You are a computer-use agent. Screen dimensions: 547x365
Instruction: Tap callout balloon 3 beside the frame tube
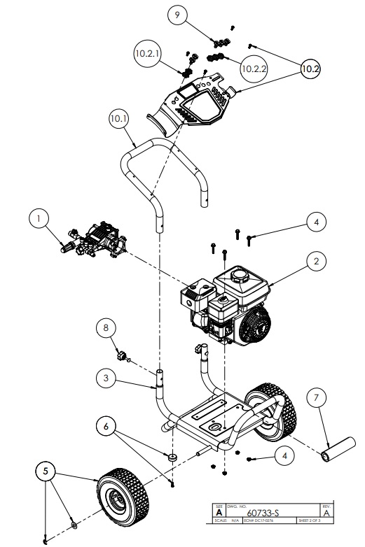[x=106, y=378]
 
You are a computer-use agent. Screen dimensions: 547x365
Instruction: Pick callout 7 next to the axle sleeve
[x=317, y=398]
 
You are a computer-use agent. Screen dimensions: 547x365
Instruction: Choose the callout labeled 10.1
[x=118, y=119]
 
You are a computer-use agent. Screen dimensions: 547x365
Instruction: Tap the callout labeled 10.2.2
[x=253, y=68]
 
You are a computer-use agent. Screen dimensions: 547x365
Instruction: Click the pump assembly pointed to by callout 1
[x=98, y=238]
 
